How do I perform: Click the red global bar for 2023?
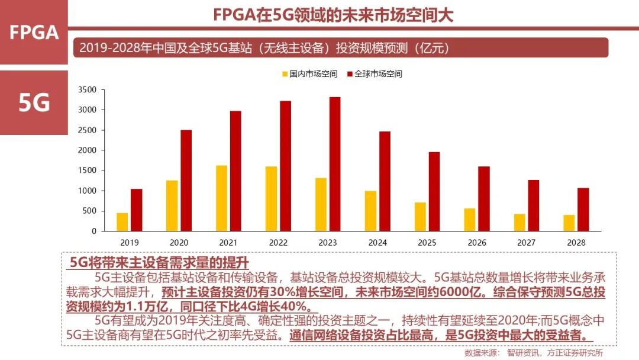coord(335,164)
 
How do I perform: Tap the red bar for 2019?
coord(137,210)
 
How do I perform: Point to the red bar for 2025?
coord(434,191)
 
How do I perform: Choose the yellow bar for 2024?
coord(370,211)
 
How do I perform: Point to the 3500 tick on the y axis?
coord(87,90)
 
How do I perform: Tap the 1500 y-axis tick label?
coord(87,171)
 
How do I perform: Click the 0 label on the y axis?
coord(93,231)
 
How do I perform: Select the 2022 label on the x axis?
coord(278,243)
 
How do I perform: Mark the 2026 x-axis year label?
coord(477,243)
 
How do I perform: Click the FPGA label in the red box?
coord(34,33)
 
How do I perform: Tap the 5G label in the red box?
coord(34,102)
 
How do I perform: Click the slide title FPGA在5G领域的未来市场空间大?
coord(333,14)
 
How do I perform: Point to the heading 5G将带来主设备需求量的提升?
coord(160,262)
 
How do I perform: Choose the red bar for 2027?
coord(534,205)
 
